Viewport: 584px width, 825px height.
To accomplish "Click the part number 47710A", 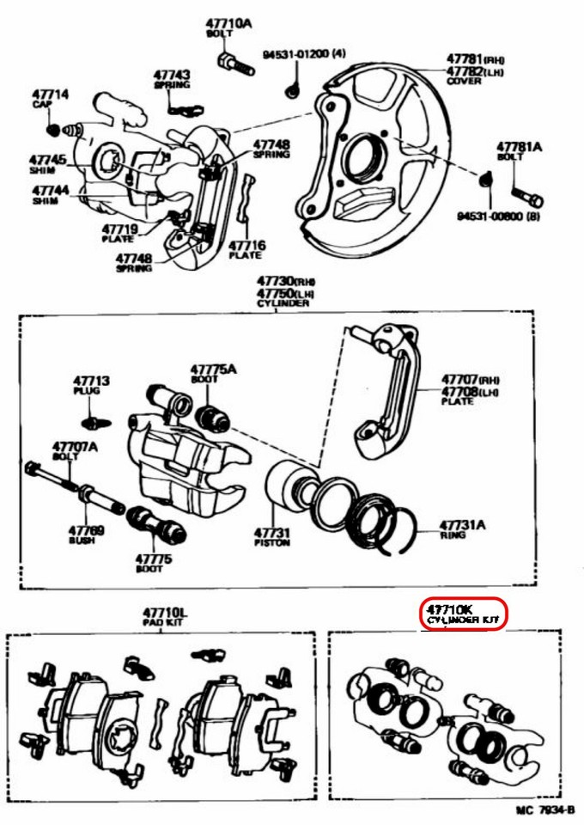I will pos(228,23).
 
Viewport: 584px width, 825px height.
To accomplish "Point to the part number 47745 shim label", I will pos(47,161).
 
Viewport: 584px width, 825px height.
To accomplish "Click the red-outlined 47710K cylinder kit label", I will pos(463,614).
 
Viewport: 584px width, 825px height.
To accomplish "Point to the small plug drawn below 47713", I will pos(96,422).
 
